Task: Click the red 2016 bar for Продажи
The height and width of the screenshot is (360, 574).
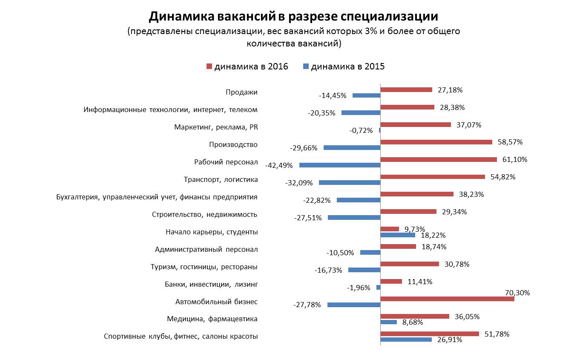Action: coord(406,90)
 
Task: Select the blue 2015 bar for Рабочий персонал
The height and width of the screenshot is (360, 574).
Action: coord(339,165)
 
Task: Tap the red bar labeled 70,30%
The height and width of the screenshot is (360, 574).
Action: coord(447,299)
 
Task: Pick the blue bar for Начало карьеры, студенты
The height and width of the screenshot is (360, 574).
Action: coord(397,235)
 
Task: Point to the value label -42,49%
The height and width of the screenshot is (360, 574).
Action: coord(279,165)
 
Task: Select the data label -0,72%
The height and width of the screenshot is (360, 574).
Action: coord(361,130)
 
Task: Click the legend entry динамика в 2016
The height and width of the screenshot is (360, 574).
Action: coord(247,66)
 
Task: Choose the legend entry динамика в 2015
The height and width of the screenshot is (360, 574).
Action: coord(343,66)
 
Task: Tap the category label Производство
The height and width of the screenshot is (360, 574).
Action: coord(233,144)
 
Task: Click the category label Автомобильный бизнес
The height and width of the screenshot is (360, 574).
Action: coord(216,302)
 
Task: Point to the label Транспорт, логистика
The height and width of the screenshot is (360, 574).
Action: coord(221,179)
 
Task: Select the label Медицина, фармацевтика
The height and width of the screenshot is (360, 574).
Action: coord(212,319)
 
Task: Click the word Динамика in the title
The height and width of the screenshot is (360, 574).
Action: coord(181,17)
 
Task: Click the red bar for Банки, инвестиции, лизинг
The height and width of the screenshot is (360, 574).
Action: coord(391,281)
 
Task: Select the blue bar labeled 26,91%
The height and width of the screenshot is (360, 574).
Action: coord(406,340)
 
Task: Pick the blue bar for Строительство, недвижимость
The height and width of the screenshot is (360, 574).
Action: coord(354,217)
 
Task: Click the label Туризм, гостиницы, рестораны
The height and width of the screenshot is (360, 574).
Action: coord(204,267)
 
